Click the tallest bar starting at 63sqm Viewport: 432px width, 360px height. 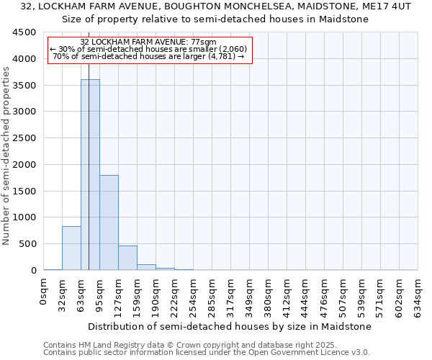pos(90,175)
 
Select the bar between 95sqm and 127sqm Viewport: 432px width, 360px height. pos(109,222)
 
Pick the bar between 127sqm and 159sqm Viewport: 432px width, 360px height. pos(127,258)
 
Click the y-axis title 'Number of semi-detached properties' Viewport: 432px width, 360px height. pos(6,151)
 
